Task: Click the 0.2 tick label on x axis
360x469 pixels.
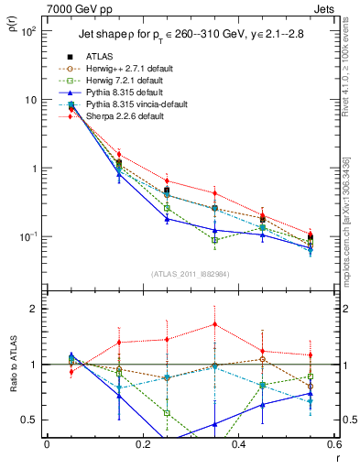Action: tap(141, 444)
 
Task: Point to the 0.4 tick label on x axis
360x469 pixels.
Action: tap(237, 444)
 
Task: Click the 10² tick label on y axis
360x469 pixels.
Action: tap(27, 31)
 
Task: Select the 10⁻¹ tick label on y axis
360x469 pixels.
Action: tap(27, 237)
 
